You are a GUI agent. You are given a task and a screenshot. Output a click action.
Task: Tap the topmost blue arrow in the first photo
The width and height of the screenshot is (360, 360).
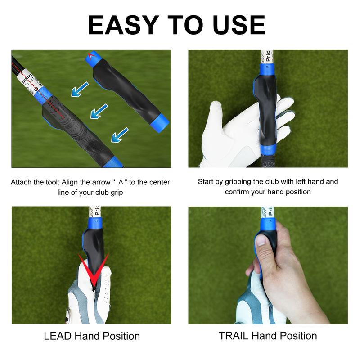[80, 89]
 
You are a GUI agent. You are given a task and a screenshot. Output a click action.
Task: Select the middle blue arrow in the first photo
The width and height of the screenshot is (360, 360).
[99, 111]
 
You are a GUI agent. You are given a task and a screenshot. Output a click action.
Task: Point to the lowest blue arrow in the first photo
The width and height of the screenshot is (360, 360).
[120, 135]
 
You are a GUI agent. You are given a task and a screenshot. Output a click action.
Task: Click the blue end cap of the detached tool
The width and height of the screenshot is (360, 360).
[158, 121]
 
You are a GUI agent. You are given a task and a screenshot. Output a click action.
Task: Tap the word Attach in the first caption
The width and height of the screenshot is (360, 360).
[22, 183]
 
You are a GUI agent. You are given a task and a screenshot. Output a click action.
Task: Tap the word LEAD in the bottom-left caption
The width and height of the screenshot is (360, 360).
[58, 336]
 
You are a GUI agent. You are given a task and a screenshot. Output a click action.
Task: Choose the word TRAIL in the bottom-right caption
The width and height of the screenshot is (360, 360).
[234, 336]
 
